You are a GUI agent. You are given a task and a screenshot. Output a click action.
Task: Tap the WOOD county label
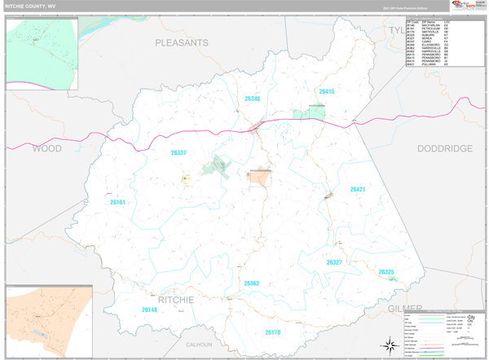point(46,149)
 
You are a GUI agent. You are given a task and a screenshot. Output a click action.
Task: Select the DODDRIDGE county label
point(444,149)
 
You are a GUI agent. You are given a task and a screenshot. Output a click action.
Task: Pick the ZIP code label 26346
point(253,99)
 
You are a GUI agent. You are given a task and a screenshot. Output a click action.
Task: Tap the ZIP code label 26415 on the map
point(327,92)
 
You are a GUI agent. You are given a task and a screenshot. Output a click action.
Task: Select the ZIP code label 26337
point(178,152)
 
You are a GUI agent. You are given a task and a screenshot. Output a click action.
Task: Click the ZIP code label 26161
point(118,202)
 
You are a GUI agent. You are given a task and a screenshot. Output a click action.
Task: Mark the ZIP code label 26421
point(359,189)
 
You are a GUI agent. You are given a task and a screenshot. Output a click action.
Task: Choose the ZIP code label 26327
point(334,262)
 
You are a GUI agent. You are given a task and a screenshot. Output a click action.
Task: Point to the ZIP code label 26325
point(386,272)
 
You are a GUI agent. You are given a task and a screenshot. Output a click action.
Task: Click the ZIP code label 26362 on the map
point(251,283)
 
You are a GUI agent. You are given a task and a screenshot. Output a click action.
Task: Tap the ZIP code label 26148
point(149,310)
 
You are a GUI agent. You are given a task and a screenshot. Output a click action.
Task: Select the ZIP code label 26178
point(272,332)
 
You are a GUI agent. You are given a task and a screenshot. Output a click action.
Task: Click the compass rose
point(390,346)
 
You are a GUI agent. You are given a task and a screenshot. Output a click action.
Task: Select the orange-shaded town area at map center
point(259,178)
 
